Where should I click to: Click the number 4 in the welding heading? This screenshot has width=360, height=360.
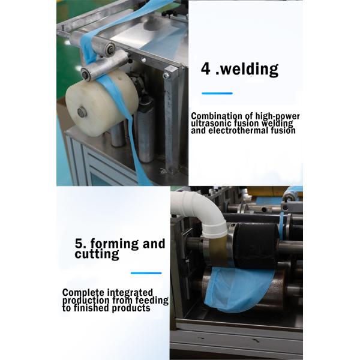[205, 68]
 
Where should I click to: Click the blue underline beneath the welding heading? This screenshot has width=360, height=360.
[217, 93]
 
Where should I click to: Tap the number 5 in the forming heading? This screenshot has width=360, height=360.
[79, 244]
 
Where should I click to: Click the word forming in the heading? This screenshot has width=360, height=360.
[115, 244]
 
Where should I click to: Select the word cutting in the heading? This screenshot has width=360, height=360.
[97, 254]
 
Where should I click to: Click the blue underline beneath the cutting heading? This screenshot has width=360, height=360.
[146, 273]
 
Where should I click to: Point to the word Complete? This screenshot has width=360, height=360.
[83, 293]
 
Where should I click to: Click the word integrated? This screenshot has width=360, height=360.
[130, 293]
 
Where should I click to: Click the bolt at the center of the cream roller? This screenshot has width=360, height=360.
[82, 112]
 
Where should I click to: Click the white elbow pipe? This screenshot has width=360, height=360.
[200, 212]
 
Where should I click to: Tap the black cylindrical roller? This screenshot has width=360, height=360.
[257, 245]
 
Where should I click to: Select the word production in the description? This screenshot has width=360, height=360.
[86, 301]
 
